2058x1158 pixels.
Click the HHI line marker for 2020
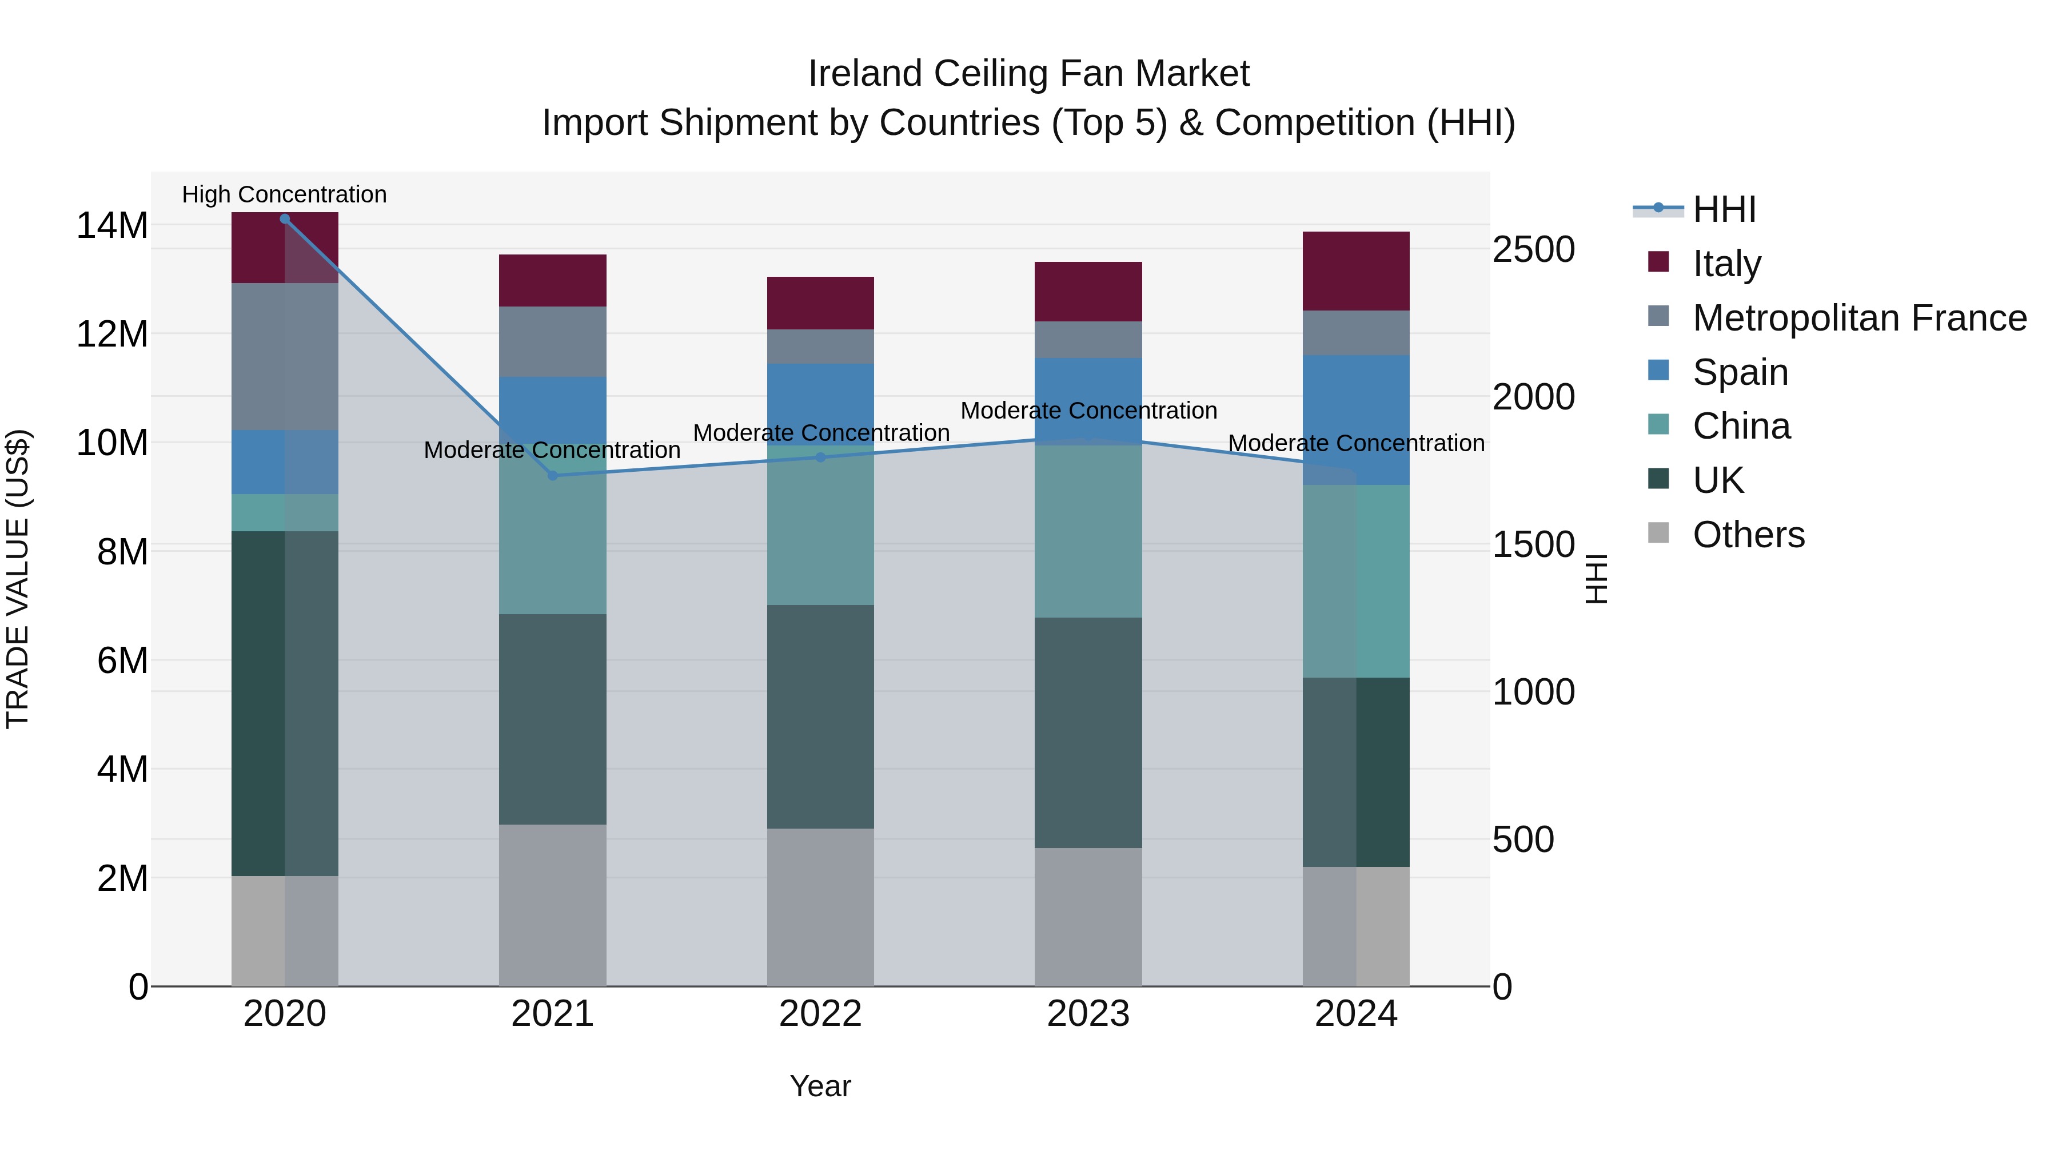click(285, 219)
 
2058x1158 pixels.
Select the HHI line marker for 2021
click(552, 476)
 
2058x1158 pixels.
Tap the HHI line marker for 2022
click(820, 457)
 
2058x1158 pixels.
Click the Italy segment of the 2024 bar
click(1356, 271)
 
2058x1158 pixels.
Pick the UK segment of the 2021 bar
click(552, 719)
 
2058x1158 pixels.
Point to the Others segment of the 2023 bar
click(1088, 917)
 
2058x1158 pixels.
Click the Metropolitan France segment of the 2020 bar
click(285, 356)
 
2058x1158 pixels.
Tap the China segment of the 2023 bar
click(1088, 531)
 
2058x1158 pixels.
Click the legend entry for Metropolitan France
click(1860, 318)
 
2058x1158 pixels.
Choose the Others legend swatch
click(1658, 533)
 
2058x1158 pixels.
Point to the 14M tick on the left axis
click(112, 226)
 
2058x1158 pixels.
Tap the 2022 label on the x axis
click(820, 1014)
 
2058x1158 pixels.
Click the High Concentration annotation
click(285, 194)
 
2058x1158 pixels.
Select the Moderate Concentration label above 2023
click(1088, 411)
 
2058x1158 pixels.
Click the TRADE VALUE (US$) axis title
click(18, 579)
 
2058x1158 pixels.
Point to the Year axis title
click(820, 1086)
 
